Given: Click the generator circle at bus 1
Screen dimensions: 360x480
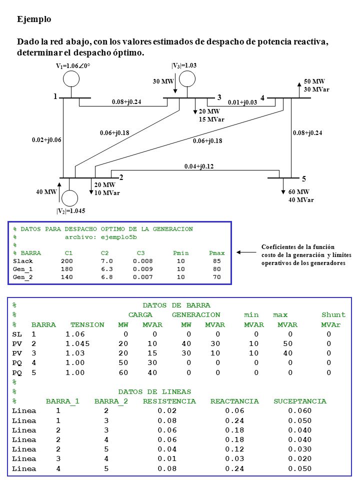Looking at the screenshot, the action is click(x=71, y=71).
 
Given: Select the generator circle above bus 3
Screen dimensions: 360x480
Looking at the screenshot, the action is click(x=187, y=71).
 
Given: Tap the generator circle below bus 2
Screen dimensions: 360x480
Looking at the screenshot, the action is click(x=70, y=190).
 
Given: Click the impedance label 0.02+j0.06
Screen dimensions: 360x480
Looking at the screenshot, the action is click(x=46, y=140).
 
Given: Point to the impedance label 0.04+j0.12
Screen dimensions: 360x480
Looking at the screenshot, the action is click(x=199, y=166).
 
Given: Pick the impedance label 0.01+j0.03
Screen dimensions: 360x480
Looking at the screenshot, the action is click(x=242, y=102).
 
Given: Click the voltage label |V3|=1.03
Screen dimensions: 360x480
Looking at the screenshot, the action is click(x=184, y=65).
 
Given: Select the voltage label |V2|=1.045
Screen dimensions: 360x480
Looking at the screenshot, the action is click(x=70, y=211).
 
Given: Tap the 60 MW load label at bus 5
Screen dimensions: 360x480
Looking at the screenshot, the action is click(x=299, y=192).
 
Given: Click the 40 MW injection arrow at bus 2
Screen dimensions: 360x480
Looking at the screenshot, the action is click(x=59, y=192).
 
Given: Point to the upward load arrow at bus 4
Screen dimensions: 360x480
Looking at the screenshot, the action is click(x=299, y=89).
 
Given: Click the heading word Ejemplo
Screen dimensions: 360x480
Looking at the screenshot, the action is click(x=34, y=19).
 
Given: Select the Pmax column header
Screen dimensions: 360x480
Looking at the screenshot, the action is click(x=216, y=253).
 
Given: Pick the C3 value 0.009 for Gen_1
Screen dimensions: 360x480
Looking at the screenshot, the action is click(x=142, y=269).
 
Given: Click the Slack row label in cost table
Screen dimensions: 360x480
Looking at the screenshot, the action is click(x=23, y=261).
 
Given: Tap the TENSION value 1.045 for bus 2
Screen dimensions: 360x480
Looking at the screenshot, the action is click(x=77, y=344).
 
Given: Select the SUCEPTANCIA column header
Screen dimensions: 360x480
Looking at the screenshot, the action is click(x=300, y=401).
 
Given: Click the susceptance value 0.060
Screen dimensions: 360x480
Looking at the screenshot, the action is click(x=299, y=411).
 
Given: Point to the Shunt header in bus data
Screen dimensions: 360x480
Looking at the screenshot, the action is click(x=333, y=315).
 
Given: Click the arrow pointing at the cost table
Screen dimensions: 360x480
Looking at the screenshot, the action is click(x=246, y=252).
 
